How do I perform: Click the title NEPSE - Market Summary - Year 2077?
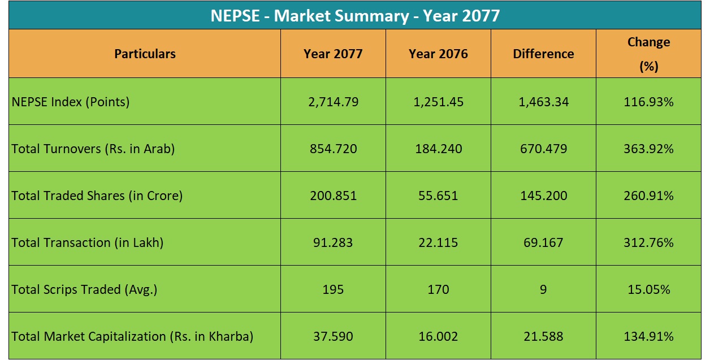pyautogui.click(x=355, y=15)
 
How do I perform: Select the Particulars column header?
pyautogui.click(x=145, y=54)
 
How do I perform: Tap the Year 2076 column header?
pyautogui.click(x=438, y=54)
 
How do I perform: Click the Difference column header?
pyautogui.click(x=543, y=54)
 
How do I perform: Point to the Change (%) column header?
pyautogui.click(x=648, y=54)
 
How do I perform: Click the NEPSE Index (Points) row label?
pyautogui.click(x=71, y=102)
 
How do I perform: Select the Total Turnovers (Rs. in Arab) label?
pyautogui.click(x=93, y=149)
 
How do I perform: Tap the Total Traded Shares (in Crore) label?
pyautogui.click(x=97, y=196)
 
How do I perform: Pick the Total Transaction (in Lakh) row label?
pyautogui.click(x=88, y=242)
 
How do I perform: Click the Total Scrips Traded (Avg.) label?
pyautogui.click(x=84, y=289)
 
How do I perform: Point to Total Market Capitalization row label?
pyautogui.click(x=132, y=336)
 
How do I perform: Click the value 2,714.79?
pyautogui.click(x=333, y=102)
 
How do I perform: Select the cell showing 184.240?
pyautogui.click(x=438, y=149)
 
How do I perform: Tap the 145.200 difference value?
pyautogui.click(x=543, y=196)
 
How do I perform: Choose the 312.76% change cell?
pyautogui.click(x=648, y=242)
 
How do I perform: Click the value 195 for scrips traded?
pyautogui.click(x=333, y=289)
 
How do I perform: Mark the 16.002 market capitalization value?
pyautogui.click(x=438, y=336)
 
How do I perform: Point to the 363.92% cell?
pyautogui.click(x=648, y=149)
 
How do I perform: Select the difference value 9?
pyautogui.click(x=543, y=289)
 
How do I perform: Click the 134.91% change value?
pyautogui.click(x=648, y=336)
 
